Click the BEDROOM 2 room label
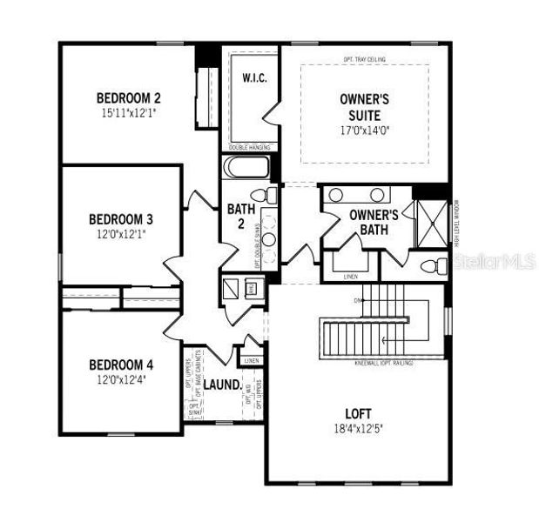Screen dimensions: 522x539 tap(128, 97)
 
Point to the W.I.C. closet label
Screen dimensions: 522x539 tap(253, 78)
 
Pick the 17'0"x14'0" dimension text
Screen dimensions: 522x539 tap(365, 132)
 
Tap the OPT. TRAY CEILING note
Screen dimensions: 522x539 tap(365, 59)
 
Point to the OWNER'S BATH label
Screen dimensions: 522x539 tap(373, 222)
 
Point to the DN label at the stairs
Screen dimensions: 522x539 tap(357, 301)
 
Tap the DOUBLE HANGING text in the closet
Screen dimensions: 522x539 tap(248, 147)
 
